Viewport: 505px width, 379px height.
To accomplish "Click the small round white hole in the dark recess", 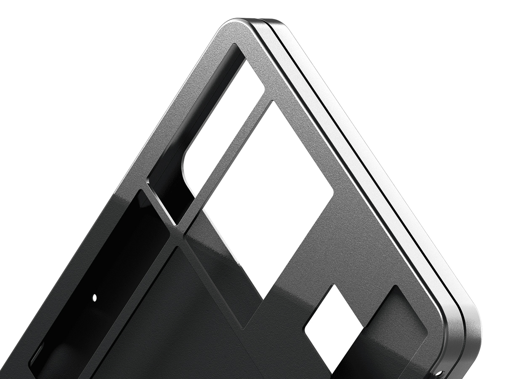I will [x=95, y=297].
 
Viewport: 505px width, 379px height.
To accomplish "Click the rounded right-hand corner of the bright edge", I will [x=471, y=320].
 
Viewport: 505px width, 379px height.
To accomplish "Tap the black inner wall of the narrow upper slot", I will [x=168, y=185].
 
